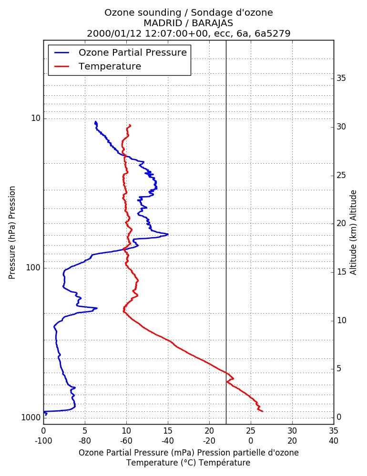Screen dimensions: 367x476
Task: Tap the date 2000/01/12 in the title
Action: point(114,33)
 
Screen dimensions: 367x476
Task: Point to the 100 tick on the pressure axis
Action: point(33,268)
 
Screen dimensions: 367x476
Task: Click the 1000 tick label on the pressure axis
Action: point(31,418)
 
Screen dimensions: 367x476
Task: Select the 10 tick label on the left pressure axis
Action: point(36,118)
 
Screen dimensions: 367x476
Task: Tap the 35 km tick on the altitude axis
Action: point(341,79)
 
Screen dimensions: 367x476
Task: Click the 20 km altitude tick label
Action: point(341,223)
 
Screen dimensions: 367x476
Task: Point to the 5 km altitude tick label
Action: point(339,369)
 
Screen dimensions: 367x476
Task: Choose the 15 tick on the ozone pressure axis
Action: point(168,431)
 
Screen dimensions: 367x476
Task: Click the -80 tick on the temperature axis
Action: point(85,441)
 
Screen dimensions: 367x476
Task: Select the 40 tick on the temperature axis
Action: point(334,441)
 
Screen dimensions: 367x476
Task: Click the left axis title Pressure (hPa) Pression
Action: point(12,233)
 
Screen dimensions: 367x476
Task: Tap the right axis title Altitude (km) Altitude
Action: point(353,233)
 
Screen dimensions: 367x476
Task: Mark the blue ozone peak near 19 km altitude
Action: point(168,234)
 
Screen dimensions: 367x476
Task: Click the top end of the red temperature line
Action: point(131,125)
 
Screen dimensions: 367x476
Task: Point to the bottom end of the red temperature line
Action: point(263,412)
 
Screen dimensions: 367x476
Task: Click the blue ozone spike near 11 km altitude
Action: point(97,308)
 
